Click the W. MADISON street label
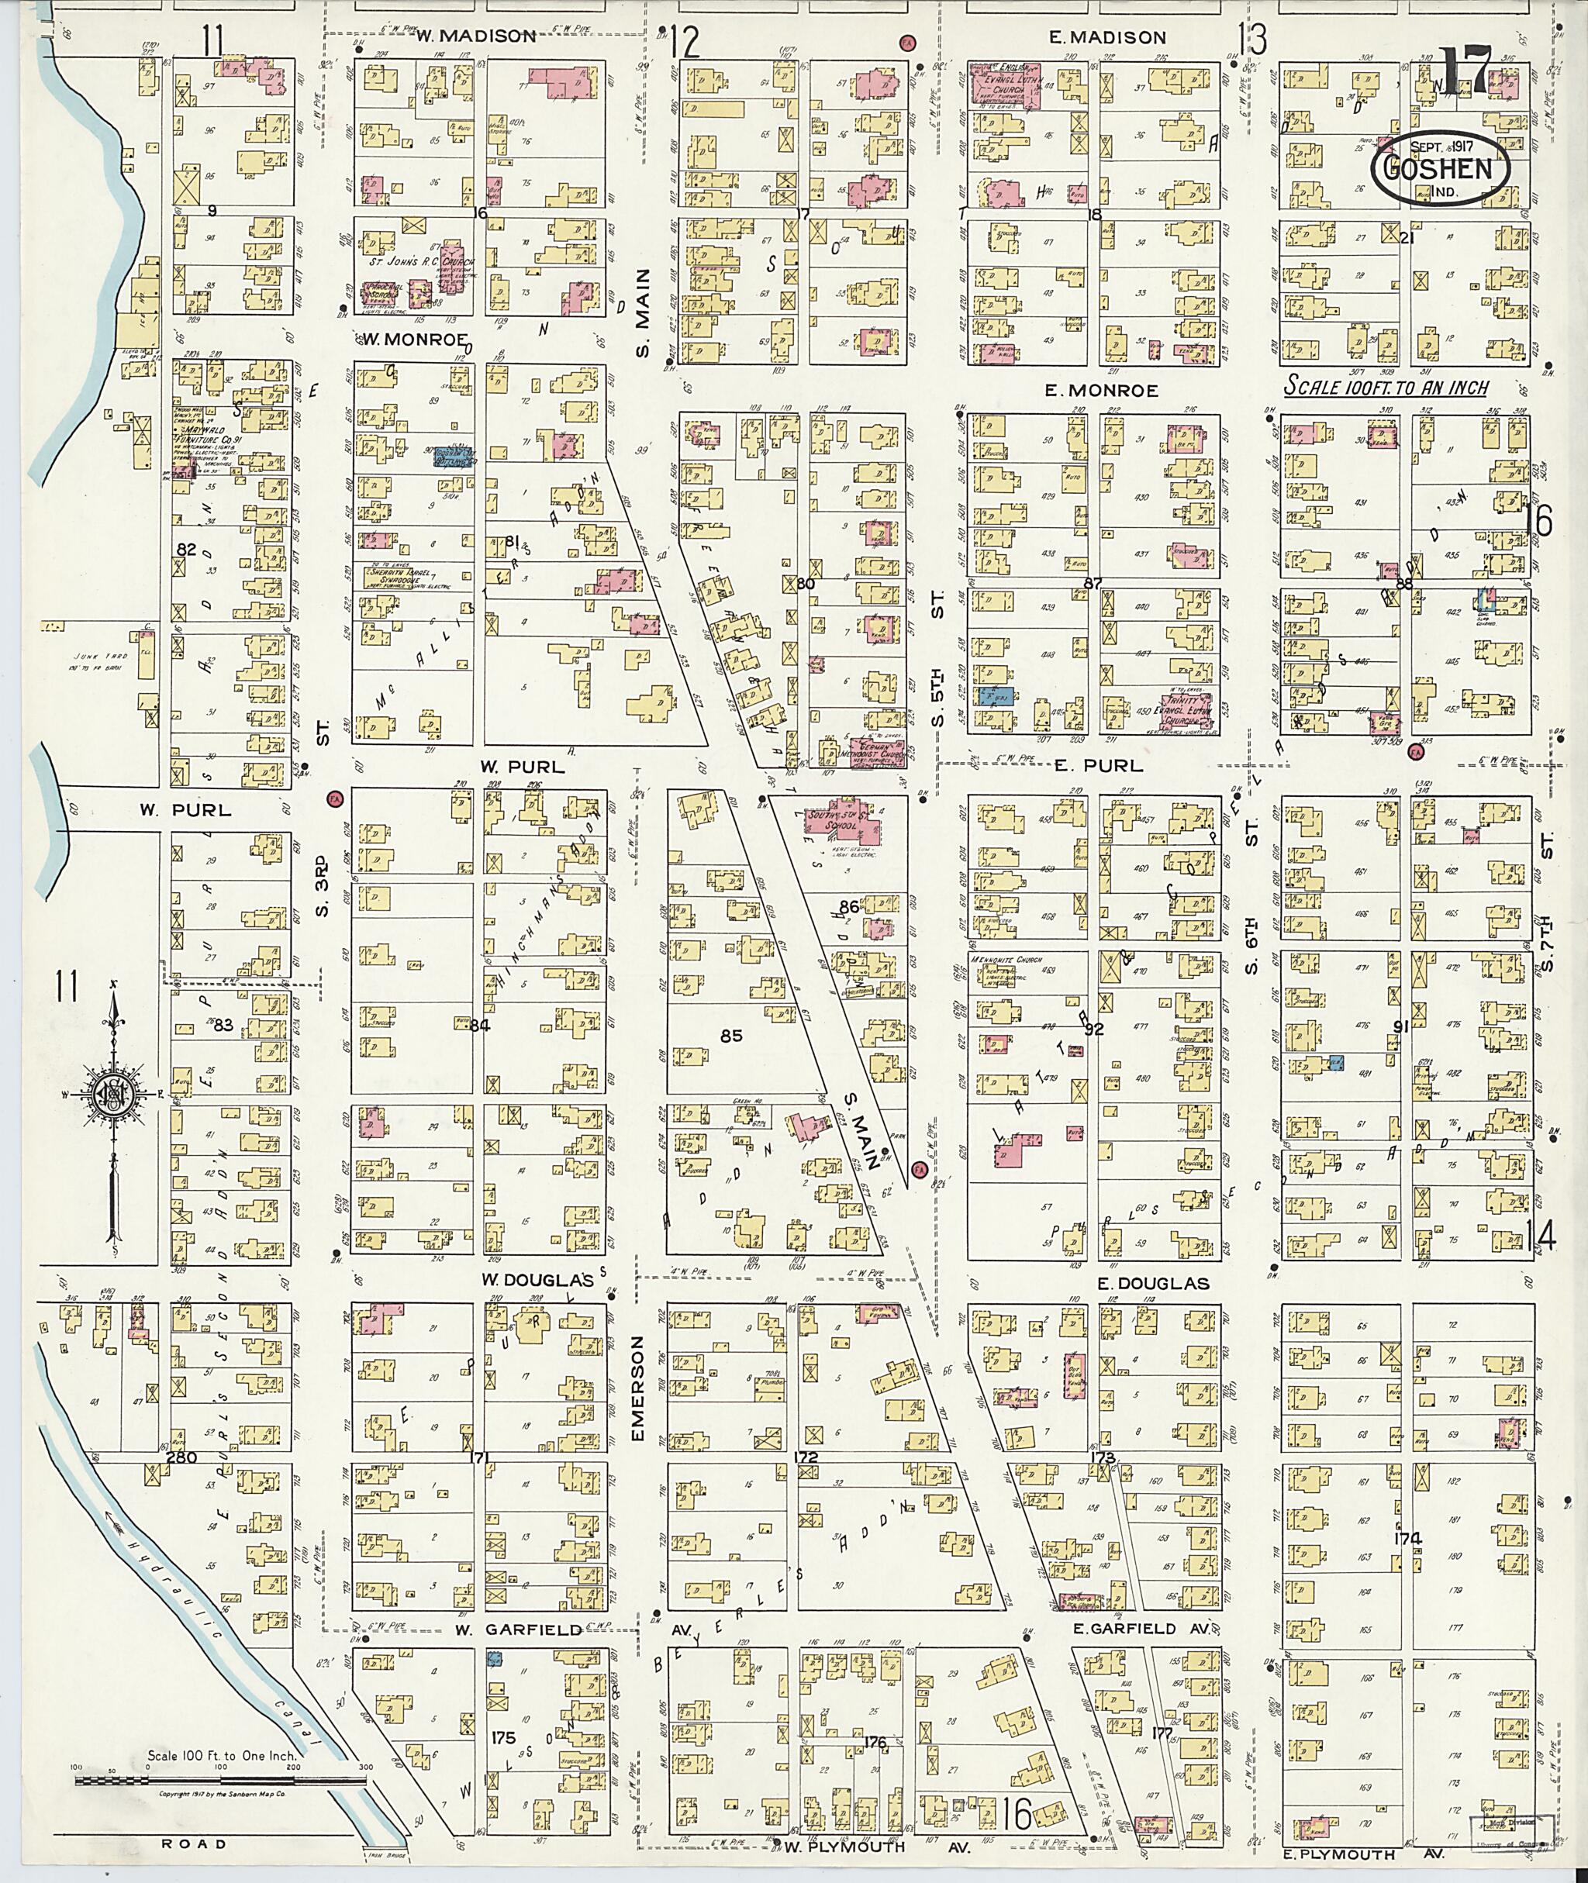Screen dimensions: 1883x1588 point(475,37)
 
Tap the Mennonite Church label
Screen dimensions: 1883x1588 point(1007,960)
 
